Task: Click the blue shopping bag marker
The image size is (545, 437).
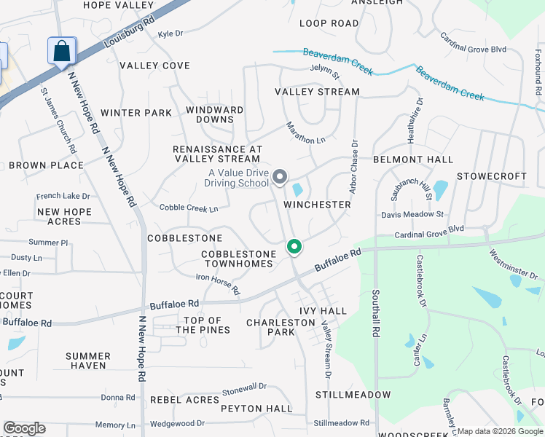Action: (62, 52)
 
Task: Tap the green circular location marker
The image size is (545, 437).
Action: (294, 248)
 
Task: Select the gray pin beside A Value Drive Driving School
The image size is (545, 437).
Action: (279, 177)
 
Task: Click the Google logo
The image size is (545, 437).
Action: (24, 428)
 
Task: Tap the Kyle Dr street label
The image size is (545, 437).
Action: (170, 34)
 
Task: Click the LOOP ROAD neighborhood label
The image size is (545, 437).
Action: (329, 23)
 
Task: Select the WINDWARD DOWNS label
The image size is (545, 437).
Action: (214, 114)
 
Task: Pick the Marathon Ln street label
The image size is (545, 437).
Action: (305, 133)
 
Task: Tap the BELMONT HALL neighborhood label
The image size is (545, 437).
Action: (413, 160)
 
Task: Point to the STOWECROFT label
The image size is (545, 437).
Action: (491, 176)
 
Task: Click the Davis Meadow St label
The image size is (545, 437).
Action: (412, 215)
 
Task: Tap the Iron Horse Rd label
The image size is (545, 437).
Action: (218, 284)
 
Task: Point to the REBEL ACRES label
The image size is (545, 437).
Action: (184, 400)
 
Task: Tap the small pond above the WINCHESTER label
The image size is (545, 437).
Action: (297, 190)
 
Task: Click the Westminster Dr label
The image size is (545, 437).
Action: (513, 266)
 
